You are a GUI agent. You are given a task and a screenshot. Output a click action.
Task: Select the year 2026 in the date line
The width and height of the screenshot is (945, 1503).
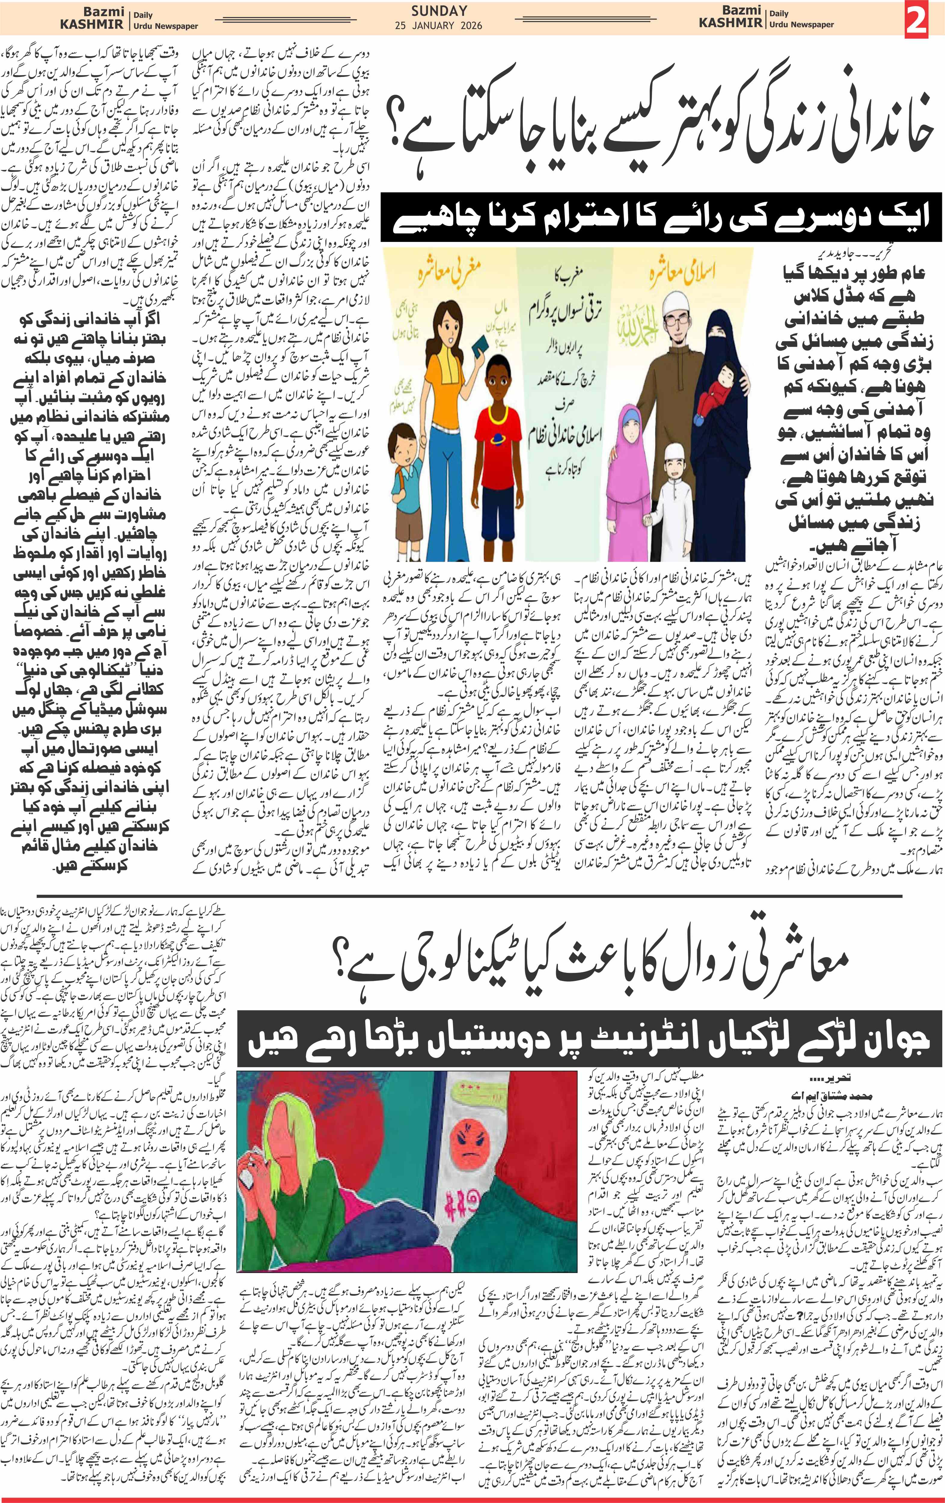469,26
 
